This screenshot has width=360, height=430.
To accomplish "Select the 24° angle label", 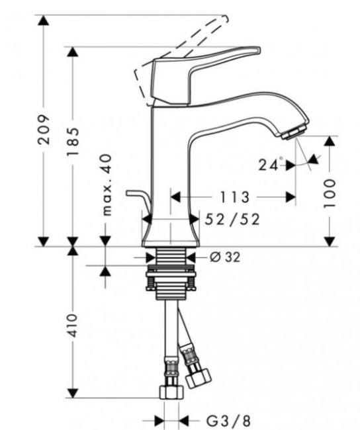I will pyautogui.click(x=271, y=165).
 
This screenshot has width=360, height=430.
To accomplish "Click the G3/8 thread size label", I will pyautogui.click(x=218, y=419).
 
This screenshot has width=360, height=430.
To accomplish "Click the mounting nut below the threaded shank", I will pyautogui.click(x=170, y=282).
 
